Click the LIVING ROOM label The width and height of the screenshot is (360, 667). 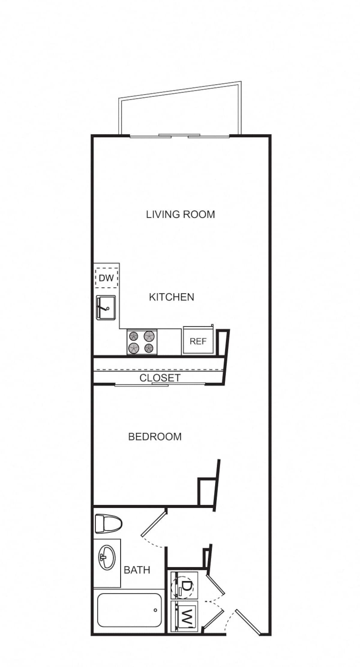pyautogui.click(x=180, y=214)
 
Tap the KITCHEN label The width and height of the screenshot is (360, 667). pyautogui.click(x=172, y=297)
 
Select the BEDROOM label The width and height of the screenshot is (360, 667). pyautogui.click(x=155, y=436)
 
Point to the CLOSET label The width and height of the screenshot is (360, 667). pyautogui.click(x=160, y=378)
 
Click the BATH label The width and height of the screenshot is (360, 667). pyautogui.click(x=137, y=570)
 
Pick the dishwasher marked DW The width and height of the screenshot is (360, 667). pyautogui.click(x=106, y=278)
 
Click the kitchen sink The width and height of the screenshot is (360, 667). pyautogui.click(x=106, y=307)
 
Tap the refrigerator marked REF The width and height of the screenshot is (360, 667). pyautogui.click(x=198, y=341)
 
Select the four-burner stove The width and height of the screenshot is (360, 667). pyautogui.click(x=142, y=342)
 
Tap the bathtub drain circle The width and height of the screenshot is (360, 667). pyautogui.click(x=155, y=610)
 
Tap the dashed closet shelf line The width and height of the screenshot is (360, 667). pyautogui.click(x=159, y=369)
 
